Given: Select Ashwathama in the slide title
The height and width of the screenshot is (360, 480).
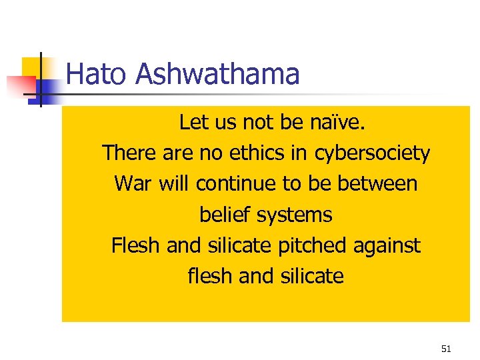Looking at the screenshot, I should coord(217,74).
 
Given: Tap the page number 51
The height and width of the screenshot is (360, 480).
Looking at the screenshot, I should coord(446,349).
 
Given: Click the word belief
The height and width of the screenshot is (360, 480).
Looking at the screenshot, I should coord(225,214).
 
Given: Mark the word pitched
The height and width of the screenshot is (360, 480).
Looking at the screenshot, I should coord(309,245).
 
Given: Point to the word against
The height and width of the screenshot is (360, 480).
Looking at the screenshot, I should coord(387,246).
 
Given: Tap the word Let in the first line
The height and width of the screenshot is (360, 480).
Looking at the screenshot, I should coord(193,122).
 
